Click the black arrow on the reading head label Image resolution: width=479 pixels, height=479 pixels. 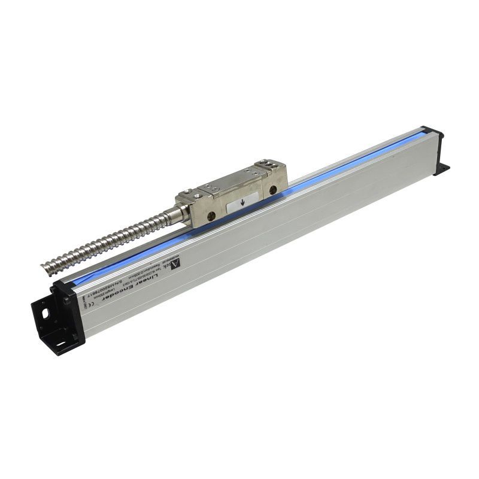(241, 203)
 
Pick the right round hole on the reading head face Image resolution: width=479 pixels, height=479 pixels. (273, 190)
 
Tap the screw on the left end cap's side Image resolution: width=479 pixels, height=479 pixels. (68, 301)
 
